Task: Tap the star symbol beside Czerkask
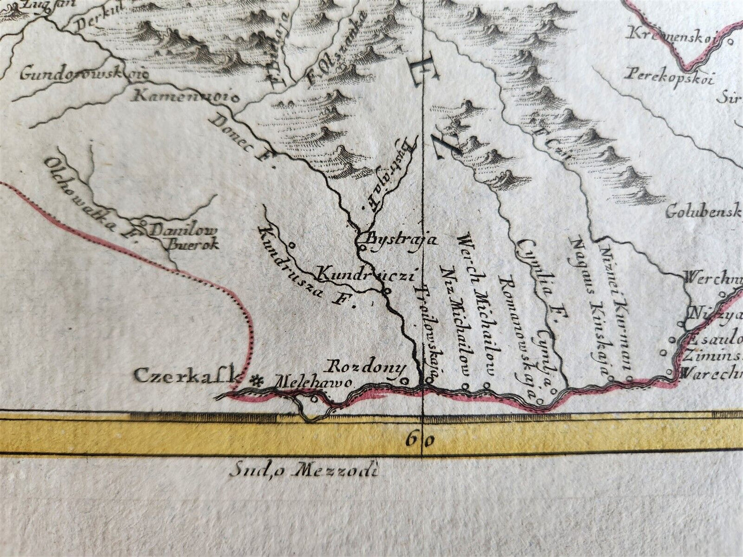255,381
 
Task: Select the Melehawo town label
314,383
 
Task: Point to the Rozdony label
366,368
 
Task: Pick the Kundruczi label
366,275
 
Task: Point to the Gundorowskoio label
82,73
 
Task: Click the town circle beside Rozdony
404,381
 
